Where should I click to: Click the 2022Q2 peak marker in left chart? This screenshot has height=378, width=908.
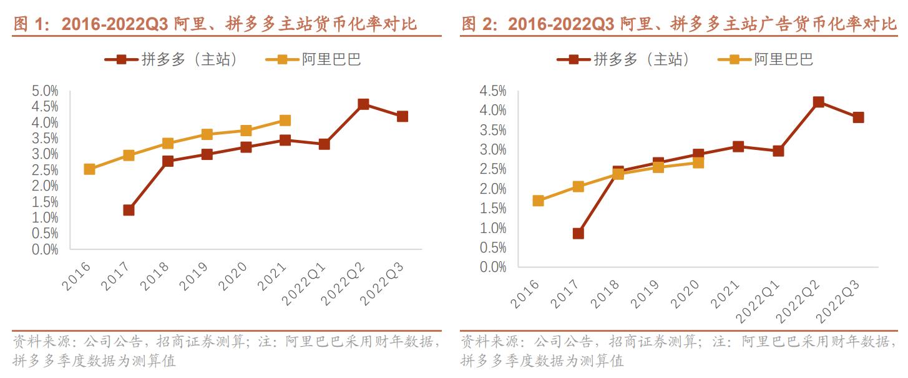coord(363,104)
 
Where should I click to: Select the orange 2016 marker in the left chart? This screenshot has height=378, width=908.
coord(89,169)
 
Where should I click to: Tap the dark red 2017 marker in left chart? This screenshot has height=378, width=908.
coord(129,210)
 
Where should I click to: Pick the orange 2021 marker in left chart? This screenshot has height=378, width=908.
coord(285,120)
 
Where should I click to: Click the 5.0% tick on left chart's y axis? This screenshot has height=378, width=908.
coord(45,91)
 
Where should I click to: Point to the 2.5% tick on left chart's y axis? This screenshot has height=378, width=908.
coord(45,170)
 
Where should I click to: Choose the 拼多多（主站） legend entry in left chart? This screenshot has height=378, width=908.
coord(171,59)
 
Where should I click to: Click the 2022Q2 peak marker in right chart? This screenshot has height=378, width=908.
coord(818,102)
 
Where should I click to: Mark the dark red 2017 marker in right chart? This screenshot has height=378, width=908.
coord(578,233)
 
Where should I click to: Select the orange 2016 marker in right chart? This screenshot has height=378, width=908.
coord(538,201)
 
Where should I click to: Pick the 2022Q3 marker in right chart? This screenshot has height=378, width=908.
coord(858,117)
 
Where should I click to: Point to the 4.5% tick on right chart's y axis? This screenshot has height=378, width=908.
coord(493,91)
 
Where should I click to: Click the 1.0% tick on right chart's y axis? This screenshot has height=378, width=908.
coord(493,228)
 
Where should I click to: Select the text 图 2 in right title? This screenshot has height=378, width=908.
coord(478,24)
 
